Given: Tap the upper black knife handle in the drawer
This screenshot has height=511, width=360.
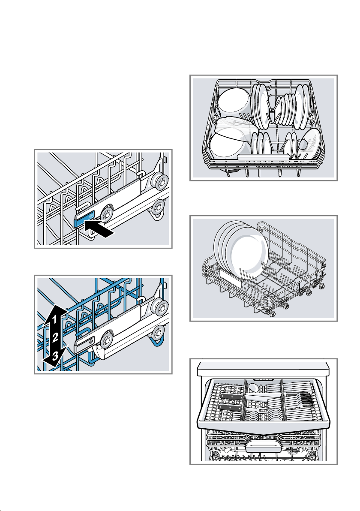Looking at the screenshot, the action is point(231,396).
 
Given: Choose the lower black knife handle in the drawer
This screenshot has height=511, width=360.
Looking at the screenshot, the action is point(230,407).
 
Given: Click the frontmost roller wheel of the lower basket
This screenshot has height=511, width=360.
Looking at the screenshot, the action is point(273,313).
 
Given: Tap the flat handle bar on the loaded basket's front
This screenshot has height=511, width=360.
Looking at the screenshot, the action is point(264,157).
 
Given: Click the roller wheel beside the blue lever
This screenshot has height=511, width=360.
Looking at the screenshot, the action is point(106,214).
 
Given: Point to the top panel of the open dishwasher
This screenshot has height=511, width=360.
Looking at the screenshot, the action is point(263,368).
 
